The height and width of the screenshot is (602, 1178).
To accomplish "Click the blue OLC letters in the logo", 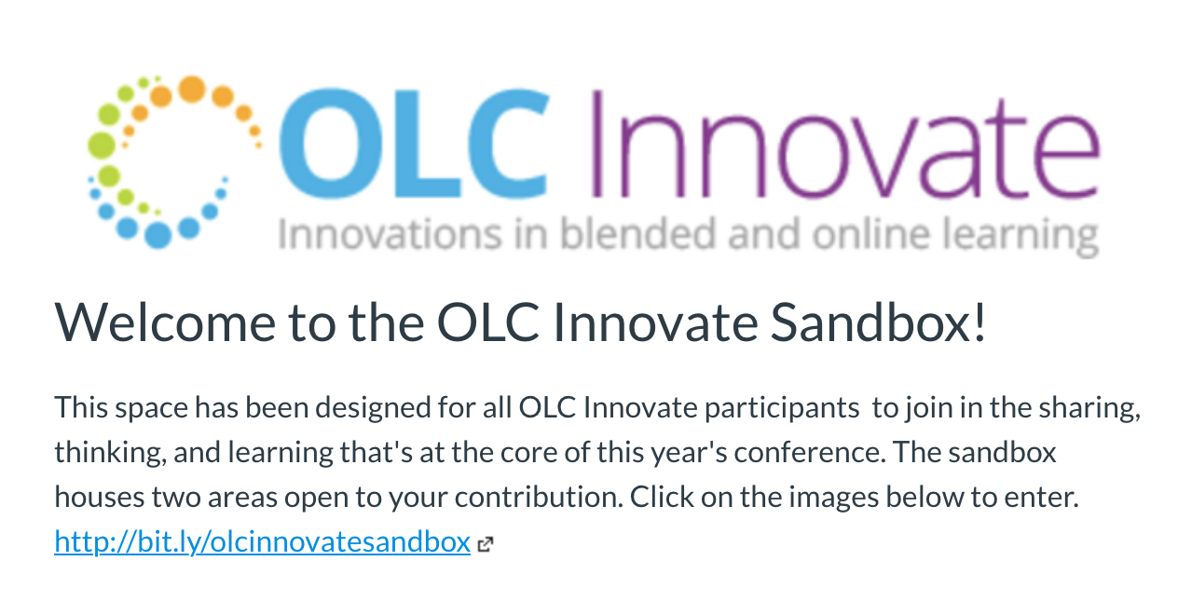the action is click(x=414, y=144).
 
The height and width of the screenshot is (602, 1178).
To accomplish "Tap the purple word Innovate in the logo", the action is click(x=845, y=144).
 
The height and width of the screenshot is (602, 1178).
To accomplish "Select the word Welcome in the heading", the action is click(x=165, y=322).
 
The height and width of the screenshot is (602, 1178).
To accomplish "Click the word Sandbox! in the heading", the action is click(x=878, y=322).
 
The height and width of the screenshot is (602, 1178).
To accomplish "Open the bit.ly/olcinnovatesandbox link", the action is click(x=263, y=541).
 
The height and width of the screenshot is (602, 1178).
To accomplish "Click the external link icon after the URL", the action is click(x=485, y=545).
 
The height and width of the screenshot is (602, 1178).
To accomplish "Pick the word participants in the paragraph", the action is click(x=782, y=408).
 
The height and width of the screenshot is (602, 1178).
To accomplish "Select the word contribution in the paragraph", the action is click(x=539, y=497).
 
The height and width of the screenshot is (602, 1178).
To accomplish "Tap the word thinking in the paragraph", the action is click(x=110, y=453).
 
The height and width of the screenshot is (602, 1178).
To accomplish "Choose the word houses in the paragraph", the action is click(x=100, y=498).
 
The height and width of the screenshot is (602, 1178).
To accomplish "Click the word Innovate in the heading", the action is click(x=655, y=322).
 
